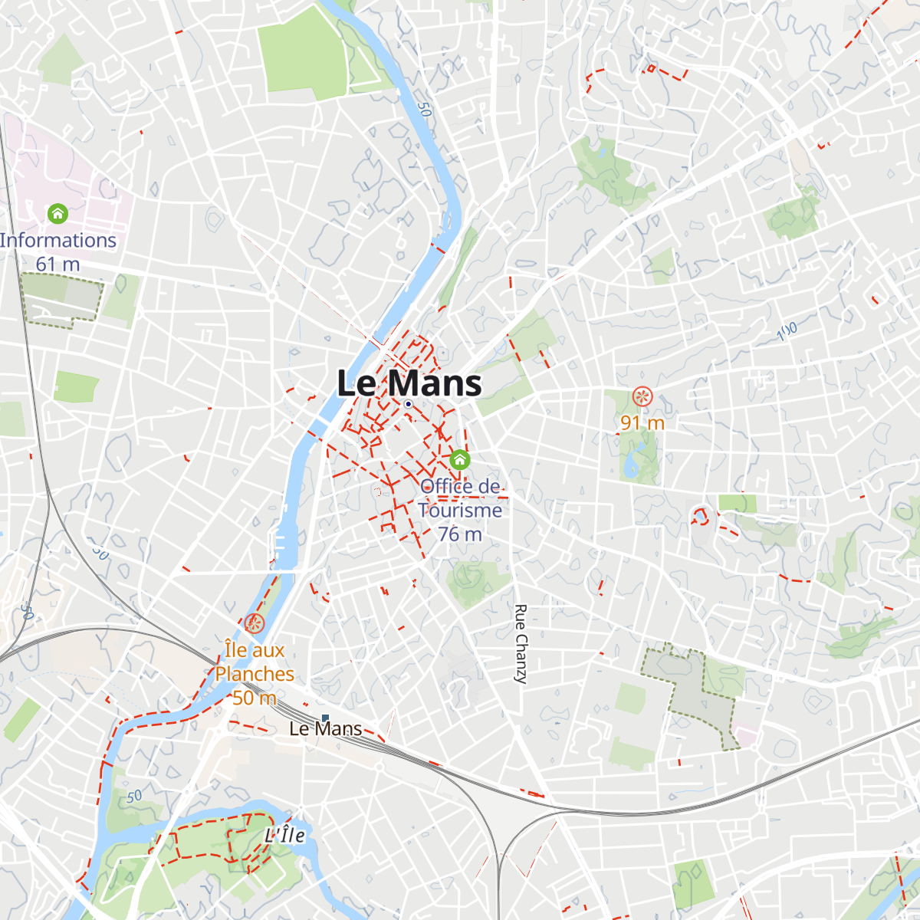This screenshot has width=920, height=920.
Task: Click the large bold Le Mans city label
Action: [409, 383]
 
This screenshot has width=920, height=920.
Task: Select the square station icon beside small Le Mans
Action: [325, 718]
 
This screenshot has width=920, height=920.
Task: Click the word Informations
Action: [58, 240]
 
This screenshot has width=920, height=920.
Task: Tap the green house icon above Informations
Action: [58, 213]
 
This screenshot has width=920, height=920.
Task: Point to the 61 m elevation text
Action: [58, 264]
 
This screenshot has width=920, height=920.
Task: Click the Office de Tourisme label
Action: [460, 498]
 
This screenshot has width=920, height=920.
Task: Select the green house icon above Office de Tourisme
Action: [459, 459]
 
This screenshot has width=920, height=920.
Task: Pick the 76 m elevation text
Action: [460, 534]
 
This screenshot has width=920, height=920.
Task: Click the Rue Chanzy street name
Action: [521, 644]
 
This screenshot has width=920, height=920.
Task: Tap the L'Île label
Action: [284, 835]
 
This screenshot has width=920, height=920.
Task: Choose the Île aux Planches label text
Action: [255, 662]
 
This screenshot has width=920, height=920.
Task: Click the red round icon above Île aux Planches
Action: [254, 623]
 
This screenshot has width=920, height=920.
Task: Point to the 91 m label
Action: [642, 422]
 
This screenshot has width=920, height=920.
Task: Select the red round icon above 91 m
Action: [642, 396]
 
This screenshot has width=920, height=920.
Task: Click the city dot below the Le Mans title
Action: [409, 404]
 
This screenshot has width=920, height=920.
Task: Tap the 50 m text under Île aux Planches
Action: [255, 698]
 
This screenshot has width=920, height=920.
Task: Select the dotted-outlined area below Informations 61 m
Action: [61, 299]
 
